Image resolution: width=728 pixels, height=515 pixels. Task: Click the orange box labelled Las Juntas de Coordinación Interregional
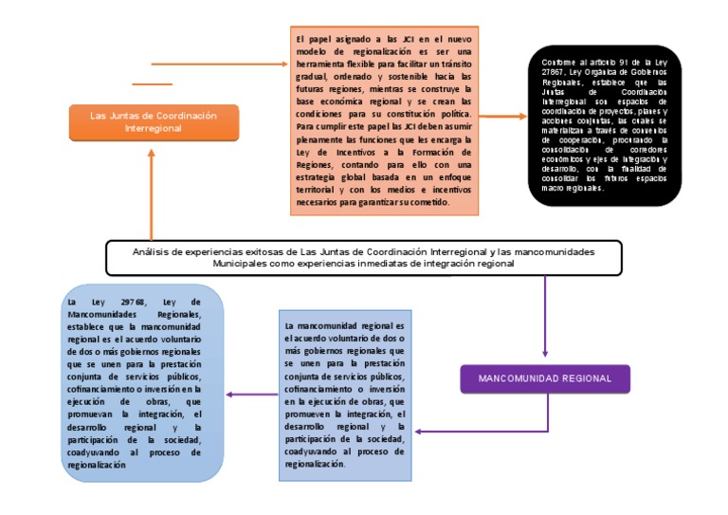tap(146, 121)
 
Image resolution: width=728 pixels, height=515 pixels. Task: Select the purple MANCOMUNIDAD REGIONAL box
tap(544, 378)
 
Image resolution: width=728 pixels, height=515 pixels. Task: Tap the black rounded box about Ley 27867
tap(604, 125)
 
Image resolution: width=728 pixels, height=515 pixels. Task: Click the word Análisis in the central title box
tap(154, 251)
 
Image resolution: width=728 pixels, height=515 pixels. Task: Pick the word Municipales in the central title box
tap(244, 265)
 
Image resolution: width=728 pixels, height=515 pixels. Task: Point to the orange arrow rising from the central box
tap(150, 190)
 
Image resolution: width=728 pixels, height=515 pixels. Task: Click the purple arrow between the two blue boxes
tap(251, 395)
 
